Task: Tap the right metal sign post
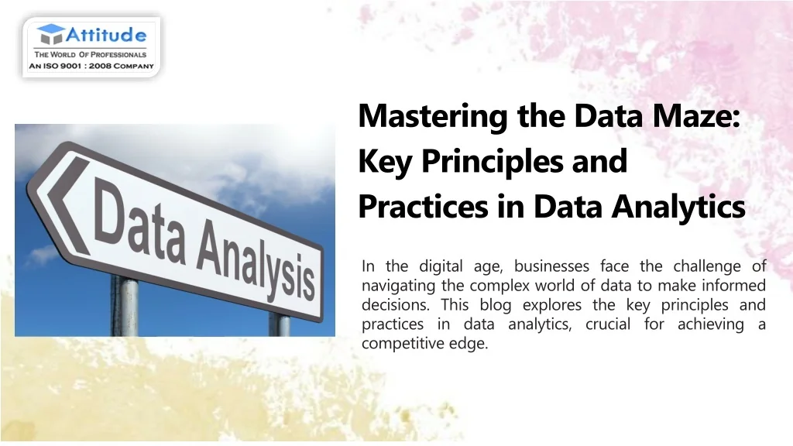coord(279,325)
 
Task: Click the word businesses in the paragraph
coord(551,266)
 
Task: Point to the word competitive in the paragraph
coord(402,344)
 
